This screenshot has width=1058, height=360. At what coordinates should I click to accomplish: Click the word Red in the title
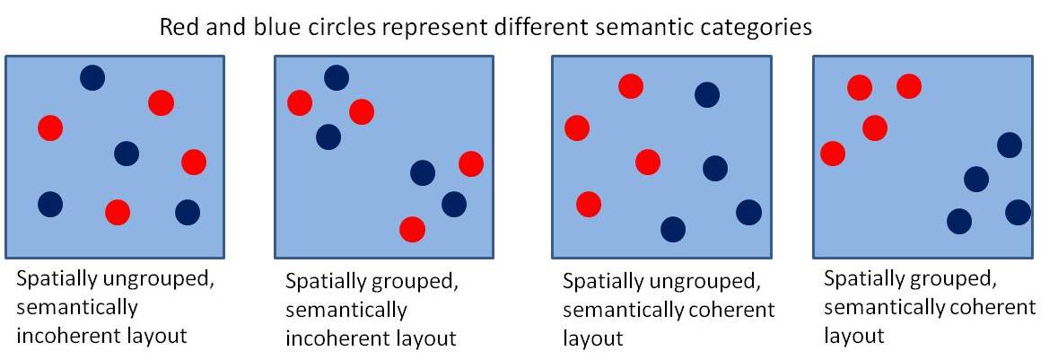pos(177,28)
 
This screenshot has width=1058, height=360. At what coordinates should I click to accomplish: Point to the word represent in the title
pos(392,28)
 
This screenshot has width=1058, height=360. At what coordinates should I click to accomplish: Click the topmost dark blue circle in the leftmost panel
pos(92,78)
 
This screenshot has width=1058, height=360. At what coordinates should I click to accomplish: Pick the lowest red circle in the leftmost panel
pos(117,212)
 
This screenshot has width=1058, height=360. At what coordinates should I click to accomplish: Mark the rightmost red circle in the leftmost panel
pos(194,162)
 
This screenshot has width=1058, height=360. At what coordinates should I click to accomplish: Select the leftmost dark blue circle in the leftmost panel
pos(50,204)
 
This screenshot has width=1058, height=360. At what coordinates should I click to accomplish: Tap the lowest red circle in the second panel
pos(412,229)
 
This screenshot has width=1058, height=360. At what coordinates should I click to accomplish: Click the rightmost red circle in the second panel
pos(470,163)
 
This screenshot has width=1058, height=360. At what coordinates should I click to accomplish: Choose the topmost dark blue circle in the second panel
pos(336,78)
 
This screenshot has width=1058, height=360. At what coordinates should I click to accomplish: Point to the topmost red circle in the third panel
pos(631,86)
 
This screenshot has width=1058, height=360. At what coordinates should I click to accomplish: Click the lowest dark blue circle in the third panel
pos(672,229)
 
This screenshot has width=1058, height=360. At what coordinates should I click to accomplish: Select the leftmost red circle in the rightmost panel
pos(833,154)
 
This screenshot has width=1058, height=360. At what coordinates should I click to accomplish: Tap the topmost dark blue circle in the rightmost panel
pos(1010,145)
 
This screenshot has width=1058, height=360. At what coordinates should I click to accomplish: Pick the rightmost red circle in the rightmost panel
pos(908,86)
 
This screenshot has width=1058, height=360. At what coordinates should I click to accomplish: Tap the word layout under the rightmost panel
pos(854,336)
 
